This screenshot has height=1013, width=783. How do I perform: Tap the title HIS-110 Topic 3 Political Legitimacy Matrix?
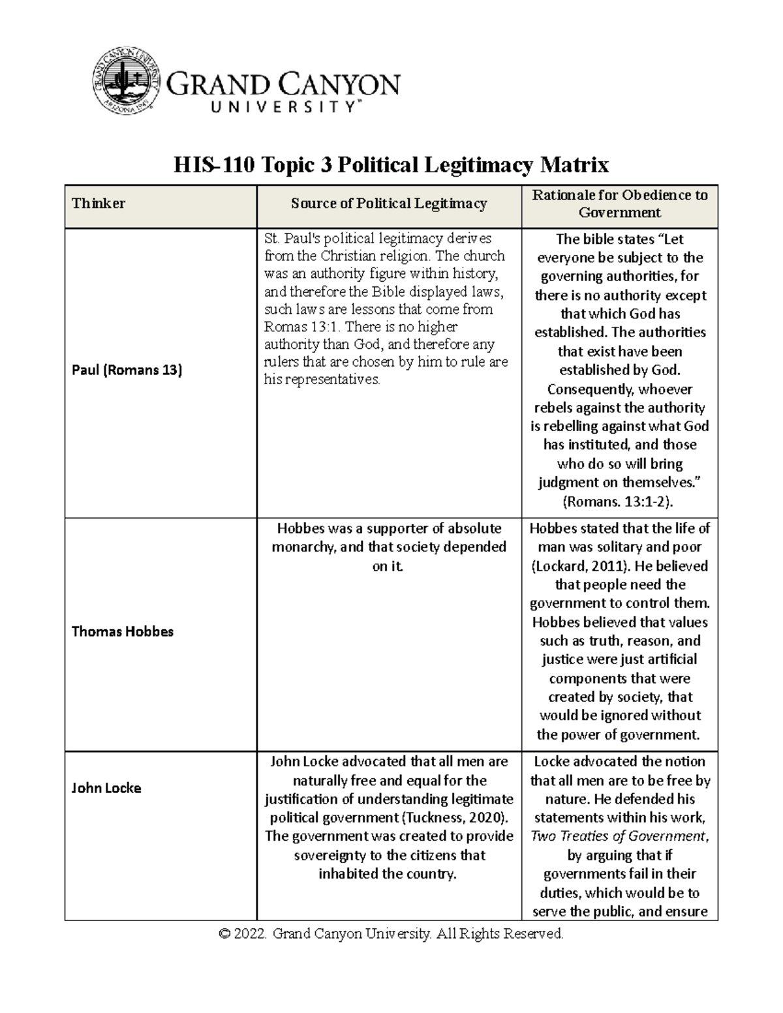click(391, 165)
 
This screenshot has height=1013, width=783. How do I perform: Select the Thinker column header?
click(99, 204)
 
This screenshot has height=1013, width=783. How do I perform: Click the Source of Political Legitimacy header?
click(389, 204)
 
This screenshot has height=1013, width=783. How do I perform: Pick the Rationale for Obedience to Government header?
click(619, 204)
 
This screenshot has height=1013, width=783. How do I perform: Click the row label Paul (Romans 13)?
click(127, 370)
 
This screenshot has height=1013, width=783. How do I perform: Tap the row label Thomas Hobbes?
click(122, 631)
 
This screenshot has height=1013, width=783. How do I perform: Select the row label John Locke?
click(106, 788)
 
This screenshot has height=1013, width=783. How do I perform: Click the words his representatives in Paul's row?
click(321, 380)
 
